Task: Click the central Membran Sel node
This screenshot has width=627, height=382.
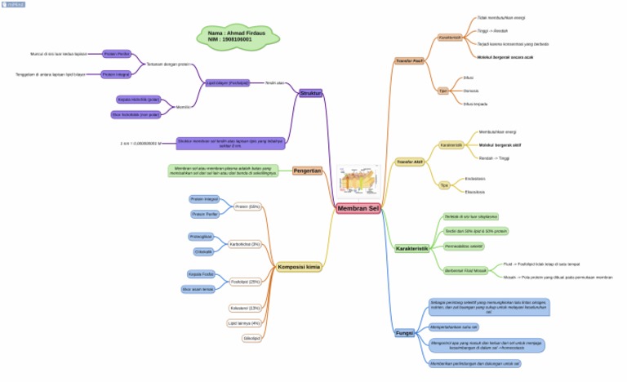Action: (x=358, y=209)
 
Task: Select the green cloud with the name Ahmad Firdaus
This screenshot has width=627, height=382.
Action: (x=237, y=36)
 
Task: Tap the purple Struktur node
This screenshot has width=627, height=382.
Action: (x=310, y=94)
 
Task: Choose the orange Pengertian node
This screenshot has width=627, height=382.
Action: (x=308, y=171)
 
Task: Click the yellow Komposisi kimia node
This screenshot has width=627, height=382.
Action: (x=298, y=267)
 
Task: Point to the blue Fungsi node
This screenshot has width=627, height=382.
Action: (x=404, y=333)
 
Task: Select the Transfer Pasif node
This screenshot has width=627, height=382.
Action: (x=409, y=61)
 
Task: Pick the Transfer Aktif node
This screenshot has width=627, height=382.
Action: (x=409, y=162)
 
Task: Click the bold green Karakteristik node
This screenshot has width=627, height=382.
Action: (x=411, y=248)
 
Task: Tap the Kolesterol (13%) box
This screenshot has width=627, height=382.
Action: (x=245, y=308)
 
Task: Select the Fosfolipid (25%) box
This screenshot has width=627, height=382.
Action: (x=245, y=282)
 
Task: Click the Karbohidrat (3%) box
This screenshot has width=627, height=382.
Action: (x=244, y=244)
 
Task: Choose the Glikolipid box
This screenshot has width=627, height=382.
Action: (x=251, y=337)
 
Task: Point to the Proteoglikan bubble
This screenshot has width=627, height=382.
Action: (x=201, y=237)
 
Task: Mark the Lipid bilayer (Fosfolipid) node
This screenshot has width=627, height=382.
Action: (x=227, y=83)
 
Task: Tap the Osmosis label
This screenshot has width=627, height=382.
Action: (x=471, y=91)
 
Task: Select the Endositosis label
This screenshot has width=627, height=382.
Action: (x=475, y=178)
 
